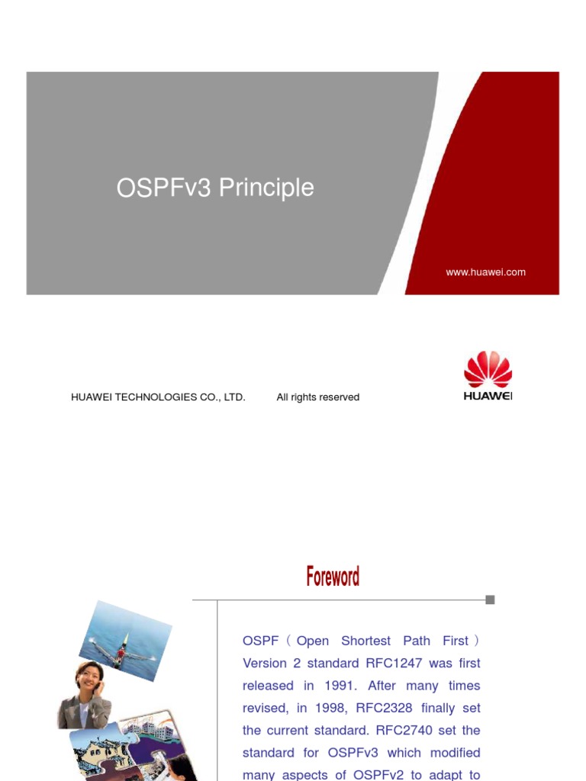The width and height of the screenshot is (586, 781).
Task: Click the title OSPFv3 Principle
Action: click(215, 188)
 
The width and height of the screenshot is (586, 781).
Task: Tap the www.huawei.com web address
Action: click(485, 272)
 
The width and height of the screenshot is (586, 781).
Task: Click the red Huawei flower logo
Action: click(488, 369)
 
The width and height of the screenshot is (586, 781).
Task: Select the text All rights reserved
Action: click(317, 397)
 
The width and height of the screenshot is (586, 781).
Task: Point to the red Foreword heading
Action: click(333, 577)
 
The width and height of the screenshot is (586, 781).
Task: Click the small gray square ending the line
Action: click(490, 599)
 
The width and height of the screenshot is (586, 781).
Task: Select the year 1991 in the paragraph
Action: click(349, 686)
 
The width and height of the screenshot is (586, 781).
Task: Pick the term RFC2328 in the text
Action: click(382, 708)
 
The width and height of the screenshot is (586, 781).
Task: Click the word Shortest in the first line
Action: click(365, 641)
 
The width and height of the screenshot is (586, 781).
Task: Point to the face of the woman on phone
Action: click(89, 676)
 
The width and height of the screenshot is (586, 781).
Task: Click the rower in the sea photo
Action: click(121, 654)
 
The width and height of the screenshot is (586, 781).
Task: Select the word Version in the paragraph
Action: click(264, 664)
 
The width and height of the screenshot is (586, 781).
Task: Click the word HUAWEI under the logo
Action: click(488, 395)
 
